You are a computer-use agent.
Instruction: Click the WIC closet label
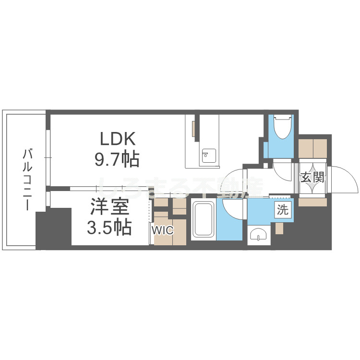pyautogui.click(x=162, y=230)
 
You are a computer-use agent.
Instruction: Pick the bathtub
pyautogui.click(x=204, y=220)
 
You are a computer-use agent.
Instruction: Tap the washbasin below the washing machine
pyautogui.click(x=260, y=235)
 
